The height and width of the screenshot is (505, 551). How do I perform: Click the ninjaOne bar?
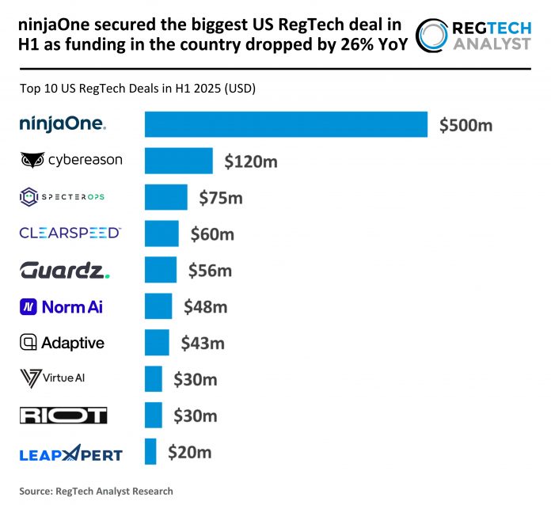(x=286, y=124)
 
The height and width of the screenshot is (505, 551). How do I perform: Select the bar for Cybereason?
(x=178, y=161)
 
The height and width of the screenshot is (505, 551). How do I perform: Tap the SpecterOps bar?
(x=165, y=197)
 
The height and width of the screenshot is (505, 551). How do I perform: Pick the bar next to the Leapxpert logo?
(x=150, y=452)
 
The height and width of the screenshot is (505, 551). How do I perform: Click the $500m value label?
(x=466, y=125)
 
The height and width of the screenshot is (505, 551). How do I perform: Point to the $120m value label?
(x=251, y=161)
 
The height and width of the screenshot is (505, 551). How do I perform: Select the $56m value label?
(x=210, y=271)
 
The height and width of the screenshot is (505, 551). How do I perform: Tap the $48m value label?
(x=205, y=306)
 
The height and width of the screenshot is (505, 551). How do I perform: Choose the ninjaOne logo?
(x=63, y=123)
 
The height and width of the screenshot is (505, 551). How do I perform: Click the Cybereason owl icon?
(x=32, y=161)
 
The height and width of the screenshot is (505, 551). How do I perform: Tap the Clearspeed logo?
(x=70, y=233)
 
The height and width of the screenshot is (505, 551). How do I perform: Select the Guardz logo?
(x=65, y=270)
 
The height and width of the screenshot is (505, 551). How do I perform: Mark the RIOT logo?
(x=63, y=416)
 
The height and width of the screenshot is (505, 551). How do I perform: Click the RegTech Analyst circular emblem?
(x=434, y=36)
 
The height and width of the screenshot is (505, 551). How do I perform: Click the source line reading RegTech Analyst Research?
(x=96, y=491)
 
